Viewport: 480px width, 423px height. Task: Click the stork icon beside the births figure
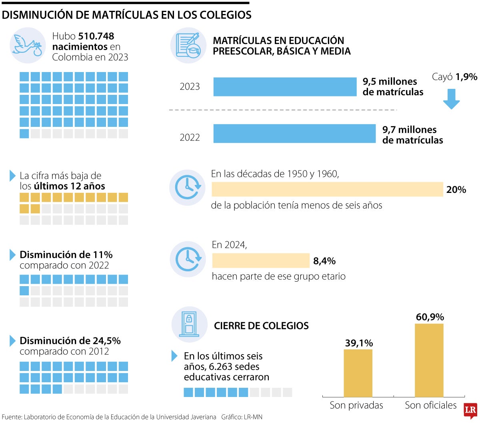27,45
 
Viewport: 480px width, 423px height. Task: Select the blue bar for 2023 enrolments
284,87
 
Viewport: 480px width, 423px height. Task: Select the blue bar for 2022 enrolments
294,134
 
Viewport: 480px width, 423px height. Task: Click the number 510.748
96,36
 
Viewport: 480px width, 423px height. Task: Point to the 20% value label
456,190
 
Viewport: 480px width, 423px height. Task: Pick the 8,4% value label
324,261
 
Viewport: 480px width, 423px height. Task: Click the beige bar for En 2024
261,261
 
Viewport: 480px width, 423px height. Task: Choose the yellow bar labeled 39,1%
358,373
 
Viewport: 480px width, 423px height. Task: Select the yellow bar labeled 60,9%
429,360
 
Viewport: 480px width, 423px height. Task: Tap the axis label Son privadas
356,405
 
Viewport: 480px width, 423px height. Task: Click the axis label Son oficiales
430,405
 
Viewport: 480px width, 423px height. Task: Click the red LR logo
470,411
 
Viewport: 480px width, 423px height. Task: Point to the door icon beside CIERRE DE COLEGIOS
189,325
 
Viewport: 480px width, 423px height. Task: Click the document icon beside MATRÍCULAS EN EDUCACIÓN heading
188,45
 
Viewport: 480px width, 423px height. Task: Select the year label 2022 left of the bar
190,138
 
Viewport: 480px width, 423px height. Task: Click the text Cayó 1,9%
454,77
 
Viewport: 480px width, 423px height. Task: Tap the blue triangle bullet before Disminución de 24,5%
12,341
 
